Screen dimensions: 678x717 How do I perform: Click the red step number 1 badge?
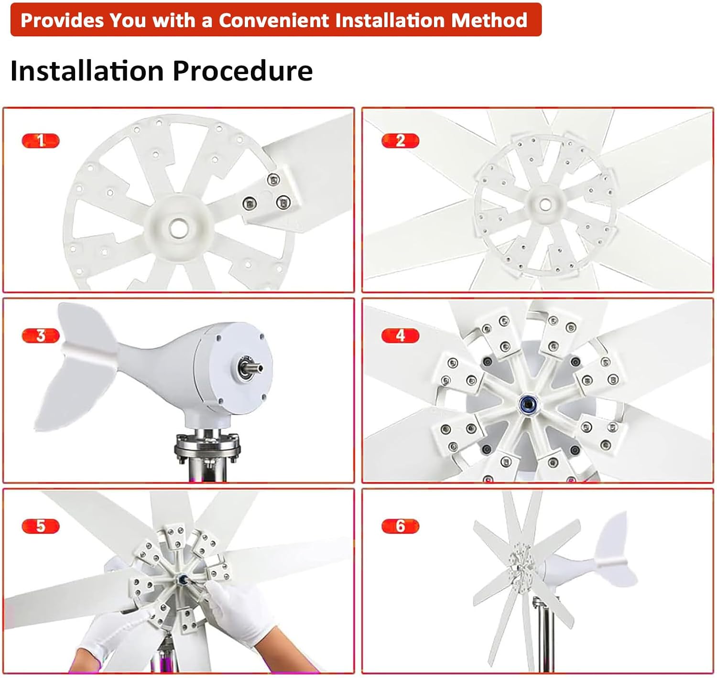pyautogui.click(x=41, y=141)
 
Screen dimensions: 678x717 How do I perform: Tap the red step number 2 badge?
pyautogui.click(x=400, y=141)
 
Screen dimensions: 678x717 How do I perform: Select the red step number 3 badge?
pyautogui.click(x=41, y=336)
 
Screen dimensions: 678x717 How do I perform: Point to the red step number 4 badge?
pyautogui.click(x=400, y=335)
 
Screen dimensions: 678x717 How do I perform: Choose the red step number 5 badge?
pyautogui.click(x=41, y=526)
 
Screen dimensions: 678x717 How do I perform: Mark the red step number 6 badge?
pyautogui.click(x=400, y=526)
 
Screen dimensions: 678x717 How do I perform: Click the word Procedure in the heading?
pyautogui.click(x=242, y=71)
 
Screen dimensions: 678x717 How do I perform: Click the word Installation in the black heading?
pyautogui.click(x=87, y=71)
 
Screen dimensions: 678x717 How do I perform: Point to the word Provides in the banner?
pyautogui.click(x=62, y=20)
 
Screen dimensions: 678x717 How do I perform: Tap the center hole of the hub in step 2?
pyautogui.click(x=545, y=204)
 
